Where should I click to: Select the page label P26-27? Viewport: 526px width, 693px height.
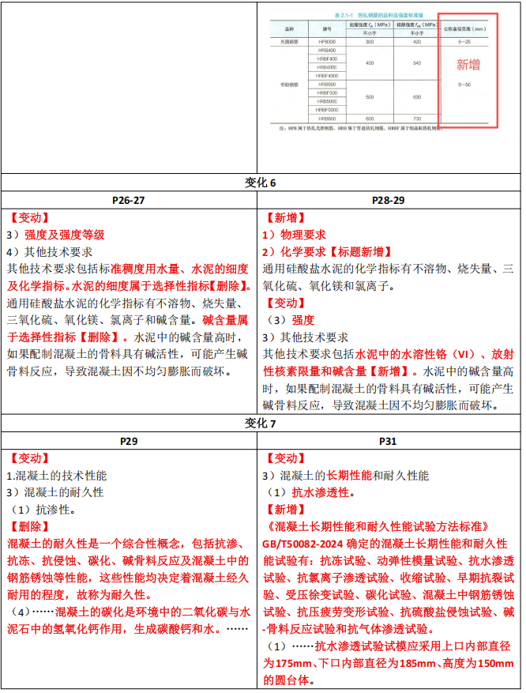[x=129, y=200]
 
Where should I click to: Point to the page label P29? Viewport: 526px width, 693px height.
[x=129, y=441]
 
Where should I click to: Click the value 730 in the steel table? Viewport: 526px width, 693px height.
[x=416, y=118]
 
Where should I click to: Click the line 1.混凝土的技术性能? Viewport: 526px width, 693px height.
[x=56, y=476]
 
